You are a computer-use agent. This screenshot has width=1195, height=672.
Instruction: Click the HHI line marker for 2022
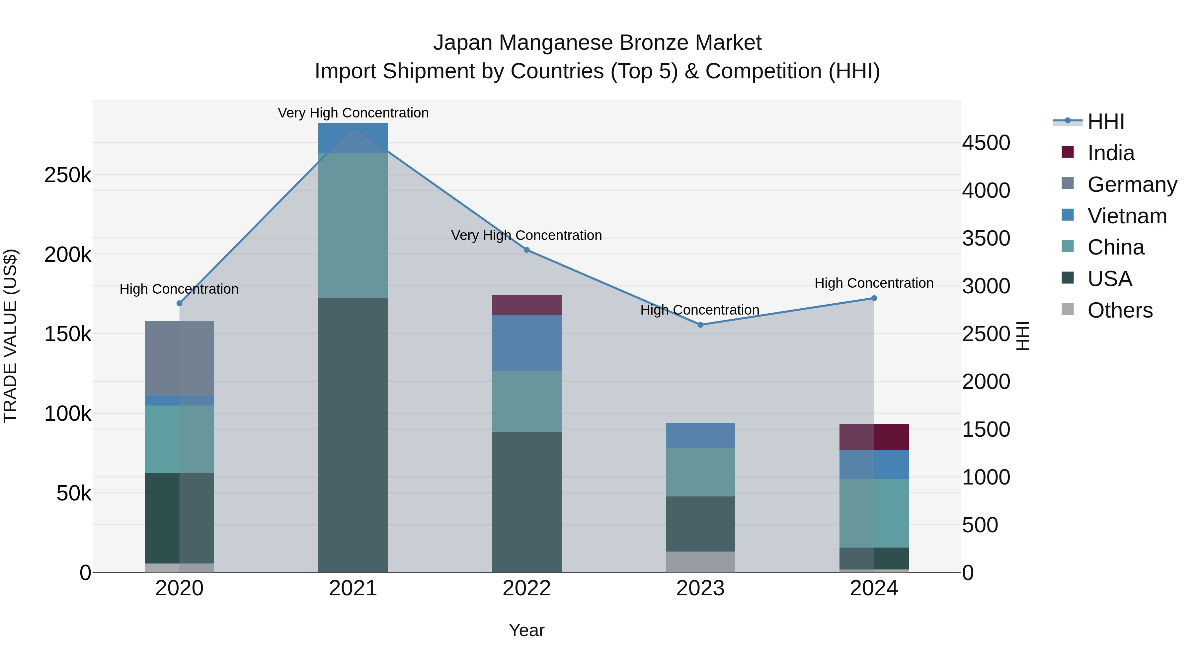(x=526, y=250)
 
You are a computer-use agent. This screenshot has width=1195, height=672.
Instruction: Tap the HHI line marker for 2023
(x=700, y=325)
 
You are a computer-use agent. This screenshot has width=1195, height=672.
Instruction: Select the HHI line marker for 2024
(x=874, y=298)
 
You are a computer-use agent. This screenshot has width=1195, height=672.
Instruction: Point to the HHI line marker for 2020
(x=180, y=303)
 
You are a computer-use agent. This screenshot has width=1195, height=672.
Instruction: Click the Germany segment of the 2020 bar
(x=180, y=358)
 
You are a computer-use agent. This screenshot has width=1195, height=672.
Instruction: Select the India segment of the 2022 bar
(x=526, y=305)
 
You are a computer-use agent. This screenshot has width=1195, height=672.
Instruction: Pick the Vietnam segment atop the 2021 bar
(x=353, y=138)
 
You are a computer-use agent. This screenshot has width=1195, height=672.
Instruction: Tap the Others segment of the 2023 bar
(x=700, y=561)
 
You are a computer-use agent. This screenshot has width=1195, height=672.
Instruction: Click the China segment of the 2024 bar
(x=874, y=513)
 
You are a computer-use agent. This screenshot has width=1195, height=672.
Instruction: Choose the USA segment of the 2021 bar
(x=353, y=434)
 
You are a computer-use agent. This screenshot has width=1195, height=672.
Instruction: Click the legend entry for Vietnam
(x=1127, y=216)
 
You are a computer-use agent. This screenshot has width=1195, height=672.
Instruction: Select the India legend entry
(x=1111, y=153)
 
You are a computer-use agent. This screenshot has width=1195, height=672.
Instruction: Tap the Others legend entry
(x=1119, y=310)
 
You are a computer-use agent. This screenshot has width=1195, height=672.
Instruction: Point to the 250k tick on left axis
(x=68, y=175)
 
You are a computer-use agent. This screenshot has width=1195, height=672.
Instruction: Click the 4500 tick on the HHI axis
(x=986, y=143)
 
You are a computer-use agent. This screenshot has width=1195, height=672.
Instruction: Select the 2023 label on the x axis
(x=700, y=588)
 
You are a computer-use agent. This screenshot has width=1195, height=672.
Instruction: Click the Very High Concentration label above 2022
(x=526, y=235)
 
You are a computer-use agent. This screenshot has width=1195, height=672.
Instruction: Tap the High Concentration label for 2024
(x=874, y=283)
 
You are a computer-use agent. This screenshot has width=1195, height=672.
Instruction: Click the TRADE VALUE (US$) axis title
(x=10, y=336)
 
